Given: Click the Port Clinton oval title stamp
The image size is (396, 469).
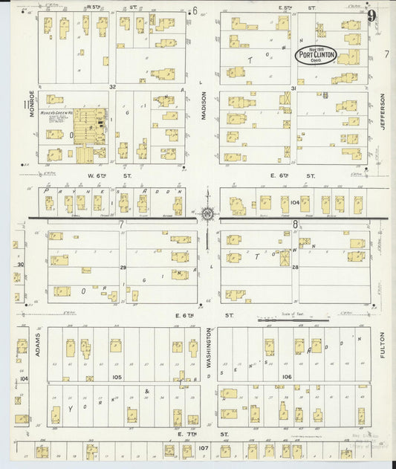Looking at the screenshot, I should tap(316, 54).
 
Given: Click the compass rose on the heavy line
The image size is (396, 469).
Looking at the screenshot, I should tap(207, 216).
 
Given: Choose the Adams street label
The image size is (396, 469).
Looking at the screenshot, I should tap(37, 344).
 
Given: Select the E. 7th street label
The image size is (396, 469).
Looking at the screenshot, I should tap(186, 432).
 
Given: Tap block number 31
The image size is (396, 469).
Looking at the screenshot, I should tap(293, 88).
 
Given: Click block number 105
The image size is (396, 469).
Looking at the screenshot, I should tap(116, 377).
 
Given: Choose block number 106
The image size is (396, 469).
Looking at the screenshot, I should tap(287, 377).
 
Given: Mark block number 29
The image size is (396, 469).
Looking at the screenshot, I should tap(123, 267).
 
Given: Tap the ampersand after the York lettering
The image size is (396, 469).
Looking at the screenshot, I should tap(147, 392).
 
